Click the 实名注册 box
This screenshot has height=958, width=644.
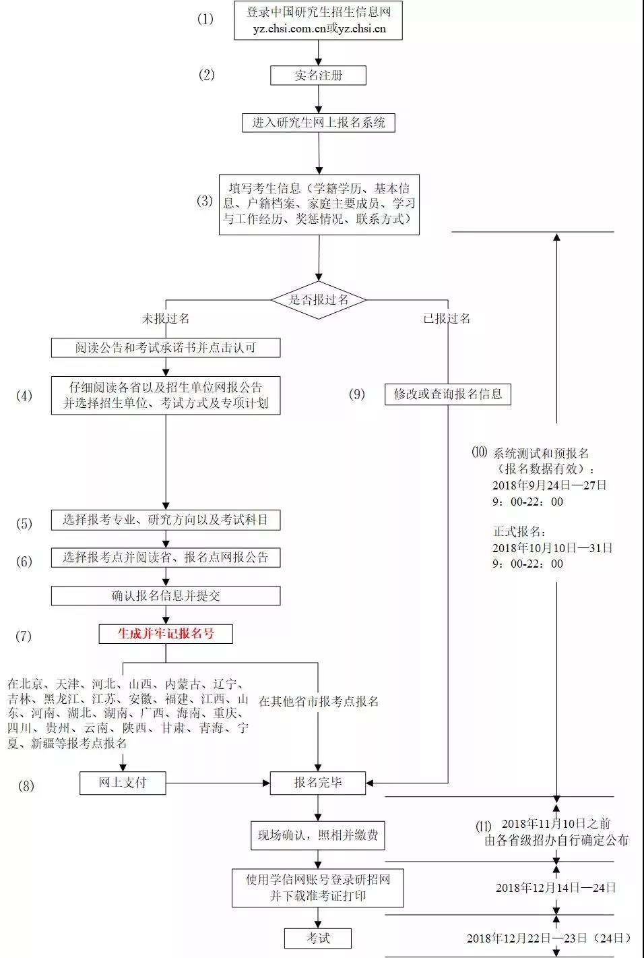[x=318, y=76]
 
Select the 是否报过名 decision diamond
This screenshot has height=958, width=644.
[x=319, y=300]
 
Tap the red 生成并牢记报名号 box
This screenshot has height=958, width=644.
[x=166, y=634]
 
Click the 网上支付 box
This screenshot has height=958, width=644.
[x=123, y=783]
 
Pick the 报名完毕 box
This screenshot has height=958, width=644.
[x=318, y=783]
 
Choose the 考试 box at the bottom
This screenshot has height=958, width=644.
[x=318, y=938]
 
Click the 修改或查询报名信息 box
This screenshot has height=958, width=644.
[x=448, y=394]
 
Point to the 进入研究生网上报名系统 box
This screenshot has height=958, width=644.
[x=319, y=123]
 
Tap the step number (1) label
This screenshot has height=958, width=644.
[x=205, y=19]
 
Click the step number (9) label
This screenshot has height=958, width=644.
[x=357, y=394]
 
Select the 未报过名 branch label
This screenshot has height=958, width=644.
[x=166, y=318]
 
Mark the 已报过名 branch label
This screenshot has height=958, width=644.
[x=447, y=318]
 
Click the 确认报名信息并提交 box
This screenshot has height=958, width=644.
[x=166, y=596]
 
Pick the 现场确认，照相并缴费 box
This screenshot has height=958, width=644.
[x=318, y=835]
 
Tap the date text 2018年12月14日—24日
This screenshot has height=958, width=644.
[x=556, y=888]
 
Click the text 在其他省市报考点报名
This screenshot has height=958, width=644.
[x=319, y=701]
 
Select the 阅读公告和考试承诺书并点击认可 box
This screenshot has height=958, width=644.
[x=166, y=348]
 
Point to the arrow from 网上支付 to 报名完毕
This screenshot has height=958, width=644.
[x=218, y=783]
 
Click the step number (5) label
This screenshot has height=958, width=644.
[x=24, y=523]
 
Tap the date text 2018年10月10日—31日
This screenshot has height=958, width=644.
[x=552, y=547]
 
